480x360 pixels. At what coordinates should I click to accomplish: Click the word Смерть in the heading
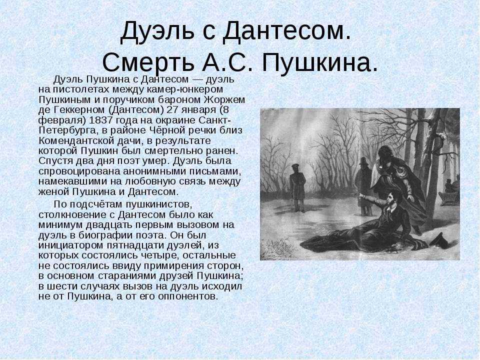click(148, 62)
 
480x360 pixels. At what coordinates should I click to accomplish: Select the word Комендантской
click(76, 140)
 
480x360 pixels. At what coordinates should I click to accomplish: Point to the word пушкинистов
click(159, 204)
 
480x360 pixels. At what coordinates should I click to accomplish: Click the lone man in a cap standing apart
click(297, 187)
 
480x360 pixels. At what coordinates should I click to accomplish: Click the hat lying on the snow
click(439, 240)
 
